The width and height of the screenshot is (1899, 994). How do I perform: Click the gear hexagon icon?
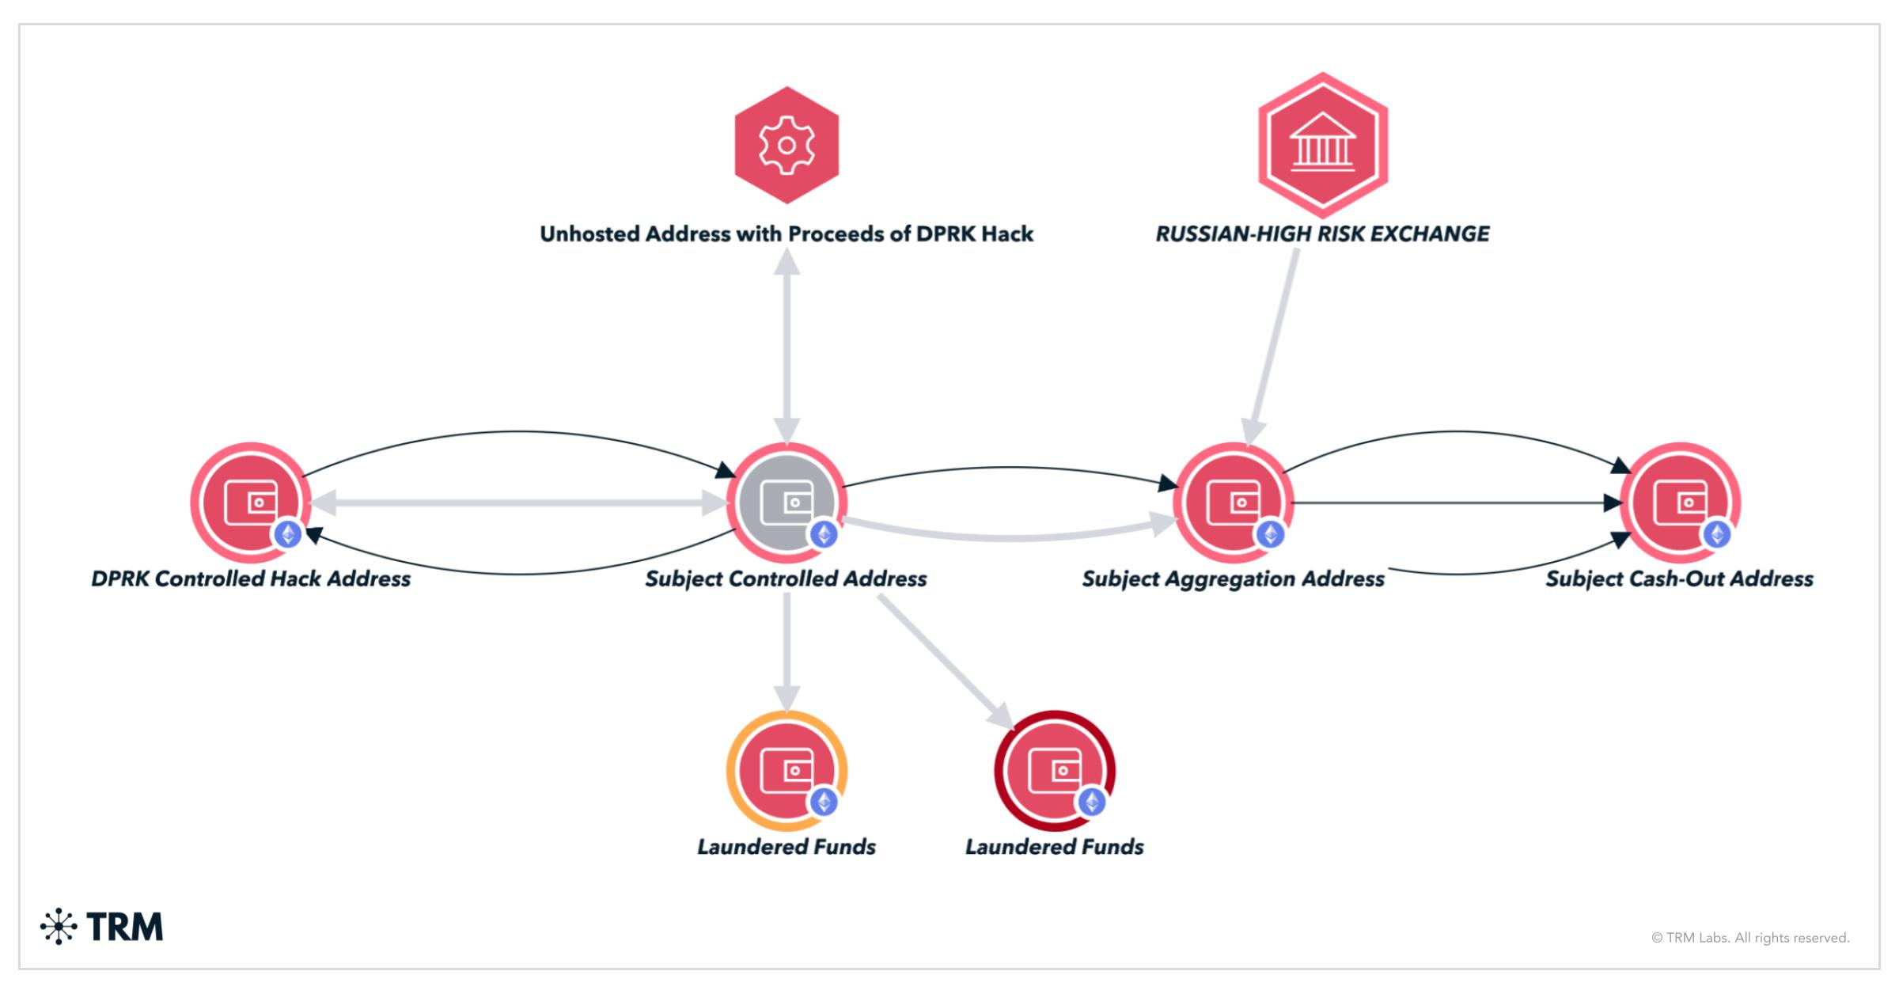(787, 145)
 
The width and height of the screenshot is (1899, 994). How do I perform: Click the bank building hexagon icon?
(1322, 144)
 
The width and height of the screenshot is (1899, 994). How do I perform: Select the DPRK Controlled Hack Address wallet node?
(251, 502)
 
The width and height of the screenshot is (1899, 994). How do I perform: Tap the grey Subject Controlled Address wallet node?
(787, 502)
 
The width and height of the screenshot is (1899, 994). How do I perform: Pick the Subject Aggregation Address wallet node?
(1233, 502)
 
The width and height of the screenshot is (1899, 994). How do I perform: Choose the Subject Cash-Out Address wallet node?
(1680, 502)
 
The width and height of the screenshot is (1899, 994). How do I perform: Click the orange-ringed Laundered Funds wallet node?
(787, 770)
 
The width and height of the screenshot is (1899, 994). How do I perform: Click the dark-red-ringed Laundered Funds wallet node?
(1054, 770)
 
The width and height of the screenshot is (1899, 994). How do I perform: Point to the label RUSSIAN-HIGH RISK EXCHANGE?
(1322, 234)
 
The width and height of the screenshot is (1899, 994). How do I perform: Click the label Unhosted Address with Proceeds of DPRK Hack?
(787, 234)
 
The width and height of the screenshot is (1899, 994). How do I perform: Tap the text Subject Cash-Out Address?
(1679, 579)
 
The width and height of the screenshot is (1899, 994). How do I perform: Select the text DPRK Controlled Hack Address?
(251, 579)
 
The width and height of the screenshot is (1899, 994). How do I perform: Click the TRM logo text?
(124, 927)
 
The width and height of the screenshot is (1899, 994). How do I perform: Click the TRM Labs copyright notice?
(1750, 938)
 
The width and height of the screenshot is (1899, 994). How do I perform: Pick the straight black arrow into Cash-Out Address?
(1456, 503)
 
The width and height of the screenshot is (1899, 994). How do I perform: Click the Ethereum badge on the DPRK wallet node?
(288, 534)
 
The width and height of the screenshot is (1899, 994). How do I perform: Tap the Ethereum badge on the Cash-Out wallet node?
(1716, 534)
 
